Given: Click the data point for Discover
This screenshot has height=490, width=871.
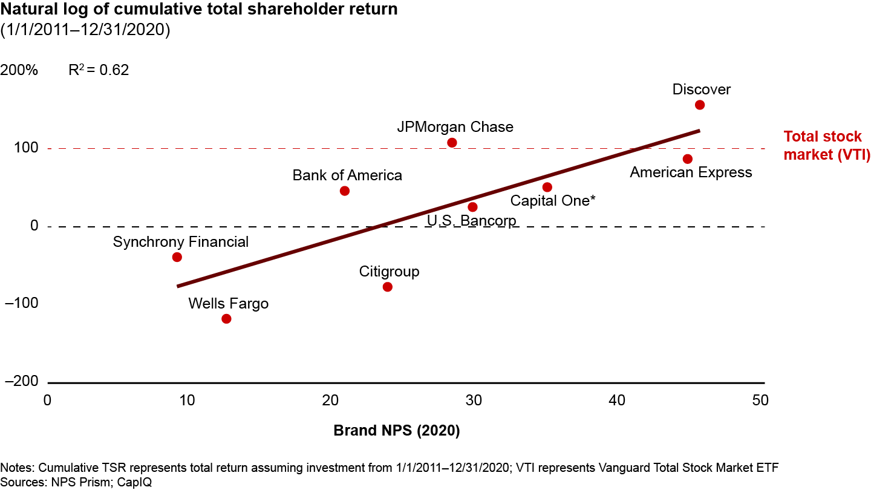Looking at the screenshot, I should coord(700,105).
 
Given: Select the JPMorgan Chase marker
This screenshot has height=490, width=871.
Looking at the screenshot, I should coord(452,143).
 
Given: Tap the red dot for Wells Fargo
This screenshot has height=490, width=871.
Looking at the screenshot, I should coord(226,319).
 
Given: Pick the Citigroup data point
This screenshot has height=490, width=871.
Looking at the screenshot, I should coord(388,287).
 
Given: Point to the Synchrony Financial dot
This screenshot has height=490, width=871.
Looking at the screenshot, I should coord(177,257).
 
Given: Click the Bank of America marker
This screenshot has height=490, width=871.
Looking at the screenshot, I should coord(345,191).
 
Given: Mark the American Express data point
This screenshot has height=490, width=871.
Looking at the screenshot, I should coord(687,159).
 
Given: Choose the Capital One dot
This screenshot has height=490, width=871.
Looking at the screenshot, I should coord(547,188).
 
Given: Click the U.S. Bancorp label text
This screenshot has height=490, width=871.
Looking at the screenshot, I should coord(472,221).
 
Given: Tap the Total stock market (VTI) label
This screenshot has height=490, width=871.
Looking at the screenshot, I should coord(826,146).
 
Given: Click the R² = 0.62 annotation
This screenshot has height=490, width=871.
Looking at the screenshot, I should coord(99,70).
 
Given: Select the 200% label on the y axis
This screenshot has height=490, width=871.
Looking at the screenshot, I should coord(19,70).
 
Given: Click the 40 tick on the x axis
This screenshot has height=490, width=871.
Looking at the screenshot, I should coord(617,400).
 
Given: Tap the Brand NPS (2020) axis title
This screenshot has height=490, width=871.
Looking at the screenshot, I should coord(397,431).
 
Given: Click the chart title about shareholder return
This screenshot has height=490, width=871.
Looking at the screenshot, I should coord(199,11).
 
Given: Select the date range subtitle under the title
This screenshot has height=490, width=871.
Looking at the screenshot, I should coord(85,30).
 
